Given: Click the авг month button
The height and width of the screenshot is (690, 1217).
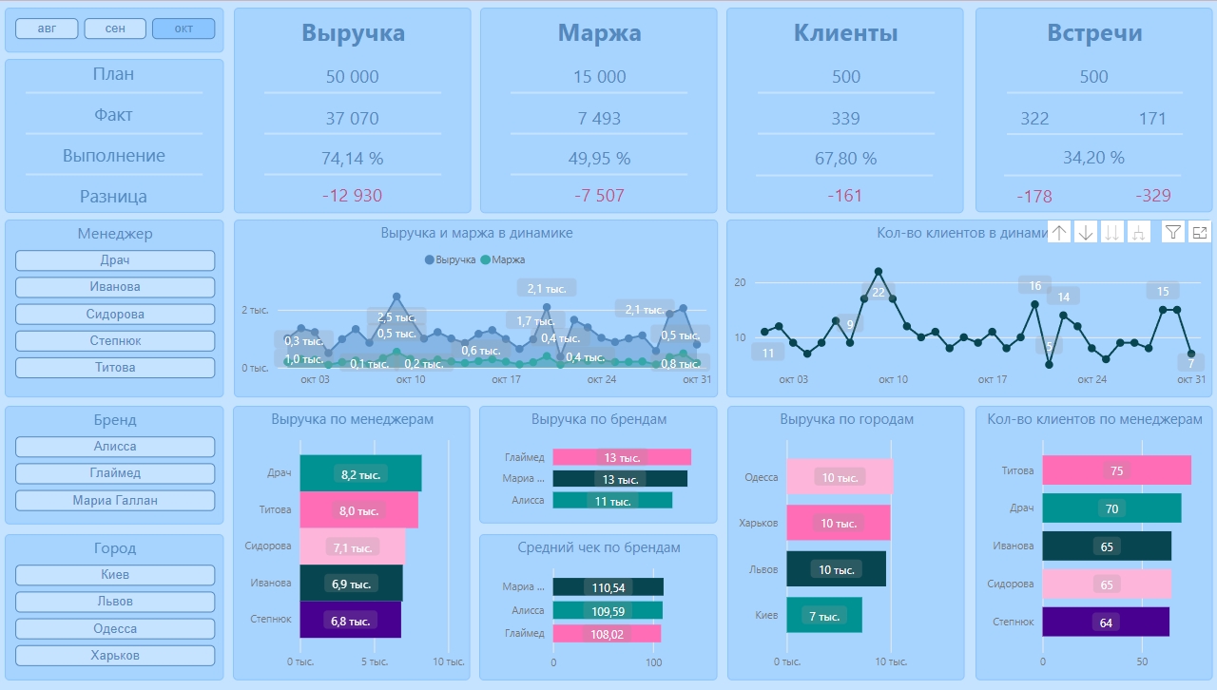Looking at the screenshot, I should (x=47, y=29).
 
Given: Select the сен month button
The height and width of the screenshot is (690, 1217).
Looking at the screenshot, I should (x=115, y=29).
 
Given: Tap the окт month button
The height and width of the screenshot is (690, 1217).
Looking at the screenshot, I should (x=184, y=29).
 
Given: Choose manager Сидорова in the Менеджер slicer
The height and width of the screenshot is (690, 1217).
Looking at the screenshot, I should (x=115, y=314).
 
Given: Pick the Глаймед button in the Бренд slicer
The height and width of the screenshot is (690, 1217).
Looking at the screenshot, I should (x=115, y=473).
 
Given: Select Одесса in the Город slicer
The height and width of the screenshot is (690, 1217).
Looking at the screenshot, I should (x=115, y=628).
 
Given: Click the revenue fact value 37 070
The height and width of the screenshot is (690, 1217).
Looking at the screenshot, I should (x=352, y=119).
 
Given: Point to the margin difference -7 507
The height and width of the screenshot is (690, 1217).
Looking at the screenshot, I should (x=599, y=196).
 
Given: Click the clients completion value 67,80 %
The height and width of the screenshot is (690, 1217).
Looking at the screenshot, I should (x=845, y=158).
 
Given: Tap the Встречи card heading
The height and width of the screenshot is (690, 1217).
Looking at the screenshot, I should (x=1094, y=33).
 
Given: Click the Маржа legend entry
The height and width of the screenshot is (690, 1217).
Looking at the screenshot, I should (x=504, y=259).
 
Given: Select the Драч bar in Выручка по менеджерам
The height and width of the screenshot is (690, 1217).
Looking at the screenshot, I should (x=360, y=473).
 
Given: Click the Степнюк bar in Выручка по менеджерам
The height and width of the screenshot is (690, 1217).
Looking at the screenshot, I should (x=350, y=620).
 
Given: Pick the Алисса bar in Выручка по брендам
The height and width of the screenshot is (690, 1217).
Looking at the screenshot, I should (x=612, y=501).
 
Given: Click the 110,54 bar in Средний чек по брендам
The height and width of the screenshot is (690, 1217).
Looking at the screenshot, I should (x=608, y=587).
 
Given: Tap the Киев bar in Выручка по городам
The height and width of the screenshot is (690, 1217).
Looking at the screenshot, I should (x=823, y=616).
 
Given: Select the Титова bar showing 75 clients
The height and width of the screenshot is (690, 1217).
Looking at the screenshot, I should (x=1116, y=470).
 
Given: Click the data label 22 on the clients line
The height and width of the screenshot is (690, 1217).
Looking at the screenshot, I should (x=878, y=292).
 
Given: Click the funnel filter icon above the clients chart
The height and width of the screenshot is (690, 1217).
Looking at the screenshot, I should (x=1173, y=232).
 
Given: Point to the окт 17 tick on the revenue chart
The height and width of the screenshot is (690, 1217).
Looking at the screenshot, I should (x=507, y=379).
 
